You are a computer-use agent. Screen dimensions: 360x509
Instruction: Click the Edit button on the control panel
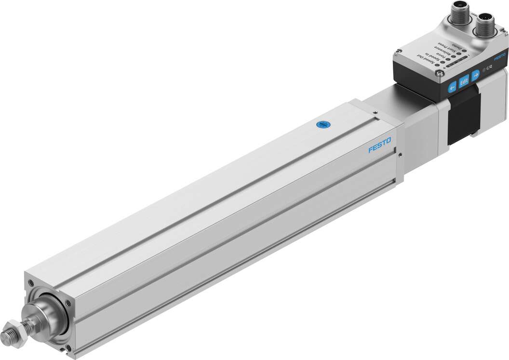pos(464,81)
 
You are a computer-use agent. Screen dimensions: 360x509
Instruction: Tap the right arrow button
pos(476,75)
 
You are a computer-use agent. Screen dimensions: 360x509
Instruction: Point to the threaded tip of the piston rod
pos(10,334)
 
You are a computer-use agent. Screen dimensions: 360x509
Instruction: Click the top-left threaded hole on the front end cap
pos(31,282)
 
